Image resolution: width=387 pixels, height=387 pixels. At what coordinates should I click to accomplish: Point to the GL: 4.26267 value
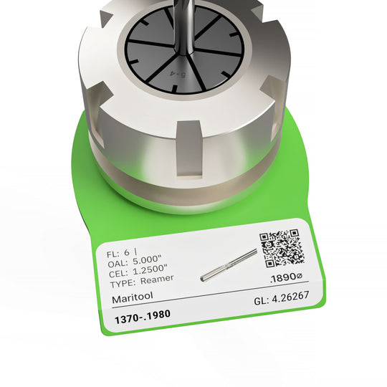pos(282,302)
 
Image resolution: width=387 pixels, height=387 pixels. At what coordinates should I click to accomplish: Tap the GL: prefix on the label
pos(262,303)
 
